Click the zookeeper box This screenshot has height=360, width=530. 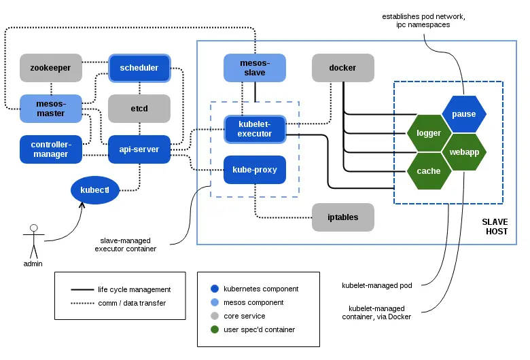(50, 68)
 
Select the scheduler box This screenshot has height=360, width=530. (139, 68)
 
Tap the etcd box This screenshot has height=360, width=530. (139, 109)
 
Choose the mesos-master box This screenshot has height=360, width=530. (50, 109)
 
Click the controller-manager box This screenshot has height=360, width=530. (50, 149)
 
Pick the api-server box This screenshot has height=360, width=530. (139, 149)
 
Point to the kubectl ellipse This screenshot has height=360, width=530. (99, 190)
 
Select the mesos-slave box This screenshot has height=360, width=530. (254, 68)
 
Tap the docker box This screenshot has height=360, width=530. (342, 68)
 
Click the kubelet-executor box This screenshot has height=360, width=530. (254, 129)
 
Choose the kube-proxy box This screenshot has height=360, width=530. (254, 170)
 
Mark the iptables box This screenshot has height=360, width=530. (342, 217)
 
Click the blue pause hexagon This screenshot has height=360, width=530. (463, 113)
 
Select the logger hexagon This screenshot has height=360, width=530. (429, 133)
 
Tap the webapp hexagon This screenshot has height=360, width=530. (464, 152)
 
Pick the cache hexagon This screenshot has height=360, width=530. (429, 171)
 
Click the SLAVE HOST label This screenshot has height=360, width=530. (494, 227)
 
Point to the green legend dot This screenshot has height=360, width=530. (215, 330)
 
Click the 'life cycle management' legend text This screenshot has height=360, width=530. (134, 289)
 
